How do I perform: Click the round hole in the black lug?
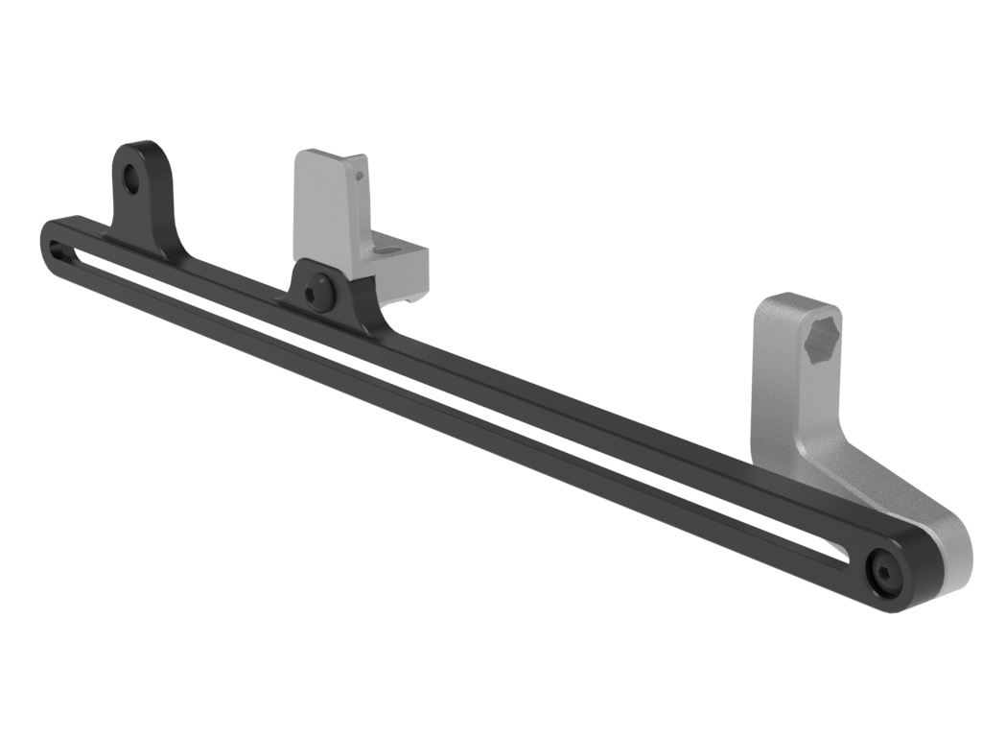(x=131, y=178)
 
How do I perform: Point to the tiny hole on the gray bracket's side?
(x=361, y=176)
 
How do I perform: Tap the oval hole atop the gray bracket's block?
(x=386, y=250)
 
